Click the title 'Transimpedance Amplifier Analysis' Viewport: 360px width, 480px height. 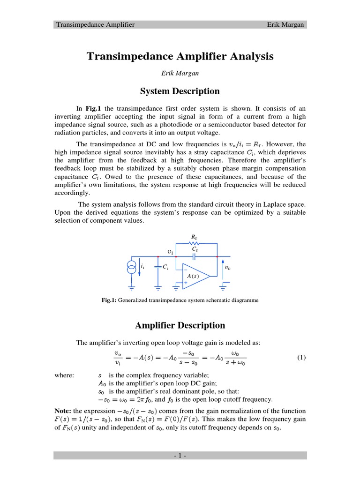[180, 57]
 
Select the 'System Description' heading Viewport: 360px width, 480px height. [180, 91]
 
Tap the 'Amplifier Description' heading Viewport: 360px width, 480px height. [180, 325]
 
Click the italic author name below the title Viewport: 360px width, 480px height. [180, 73]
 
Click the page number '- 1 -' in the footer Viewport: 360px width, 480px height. [180, 456]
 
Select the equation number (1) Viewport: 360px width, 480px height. [301, 358]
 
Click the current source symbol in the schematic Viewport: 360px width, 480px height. [131, 268]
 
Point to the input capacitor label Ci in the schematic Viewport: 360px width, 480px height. [165, 267]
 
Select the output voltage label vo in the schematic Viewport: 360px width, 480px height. [228, 268]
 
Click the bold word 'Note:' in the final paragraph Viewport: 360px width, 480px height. [63, 411]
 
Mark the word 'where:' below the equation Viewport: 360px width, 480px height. [64, 375]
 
